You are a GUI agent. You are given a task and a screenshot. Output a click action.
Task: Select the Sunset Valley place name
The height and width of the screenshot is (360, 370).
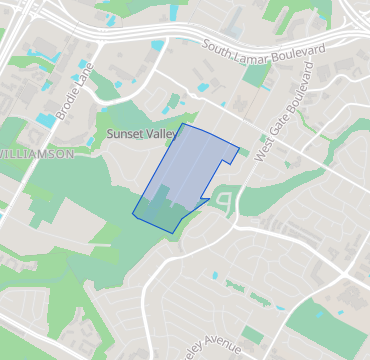140,132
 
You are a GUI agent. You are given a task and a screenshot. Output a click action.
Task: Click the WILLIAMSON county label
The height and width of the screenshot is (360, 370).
38,154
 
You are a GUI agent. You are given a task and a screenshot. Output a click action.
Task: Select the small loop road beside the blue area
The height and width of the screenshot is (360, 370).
226,203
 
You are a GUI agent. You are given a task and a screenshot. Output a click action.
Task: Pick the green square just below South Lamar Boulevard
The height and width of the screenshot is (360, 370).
256,74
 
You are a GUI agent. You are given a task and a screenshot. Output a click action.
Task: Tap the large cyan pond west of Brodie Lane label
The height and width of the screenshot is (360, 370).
45,120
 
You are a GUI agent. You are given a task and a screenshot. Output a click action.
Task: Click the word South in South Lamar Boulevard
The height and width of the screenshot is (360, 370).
218,46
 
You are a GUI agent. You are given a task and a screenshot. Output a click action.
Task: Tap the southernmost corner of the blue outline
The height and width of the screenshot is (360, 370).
175,232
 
